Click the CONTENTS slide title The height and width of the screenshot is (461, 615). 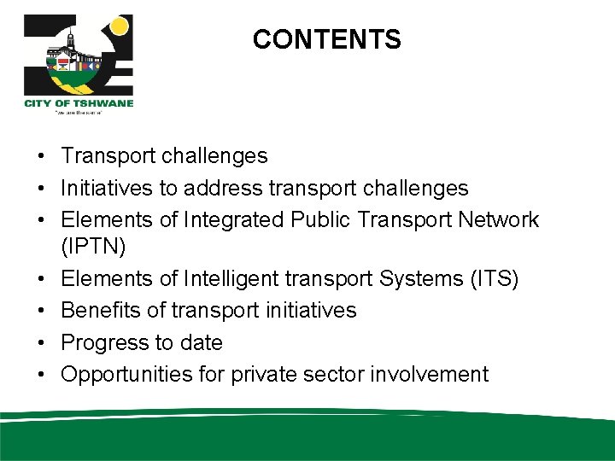click(x=326, y=39)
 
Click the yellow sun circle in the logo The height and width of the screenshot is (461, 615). click(x=119, y=26)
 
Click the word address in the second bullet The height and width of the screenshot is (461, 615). click(x=231, y=188)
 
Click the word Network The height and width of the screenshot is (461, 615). click(x=497, y=219)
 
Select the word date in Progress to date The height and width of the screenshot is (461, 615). click(x=201, y=342)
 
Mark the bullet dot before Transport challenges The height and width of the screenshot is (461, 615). click(x=41, y=157)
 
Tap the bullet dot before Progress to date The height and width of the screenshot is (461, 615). click(x=41, y=343)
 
